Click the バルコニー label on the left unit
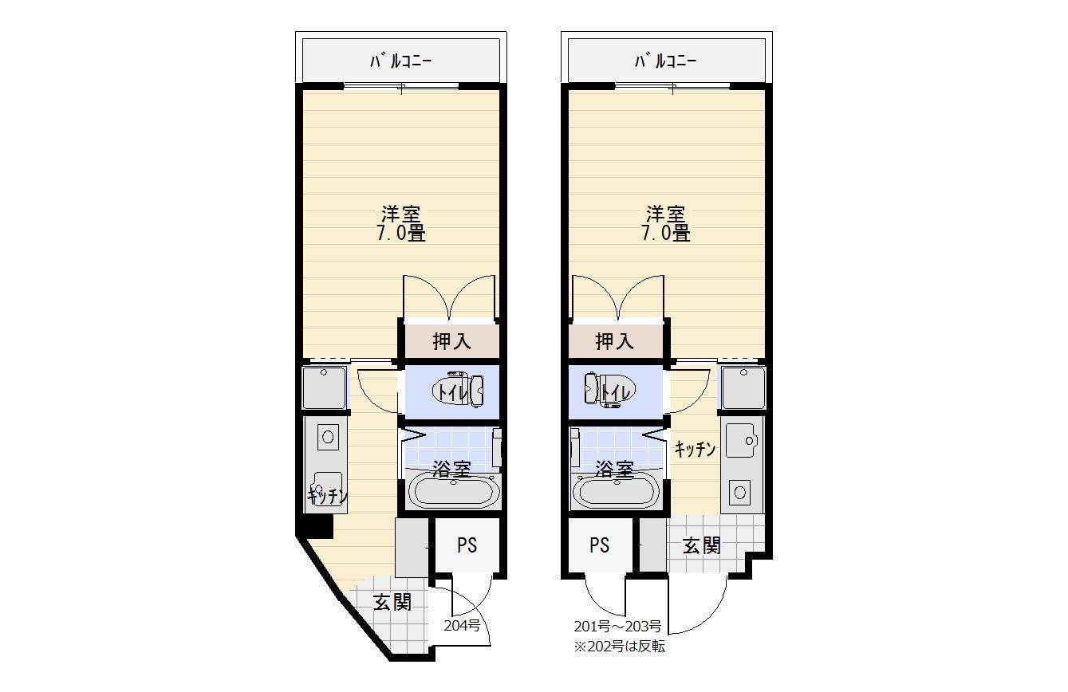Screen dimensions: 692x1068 [x=401, y=61]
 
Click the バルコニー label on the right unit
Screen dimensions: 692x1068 [x=666, y=61]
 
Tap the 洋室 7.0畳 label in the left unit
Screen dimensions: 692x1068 [x=401, y=224]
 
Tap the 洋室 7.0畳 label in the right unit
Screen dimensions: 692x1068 [x=666, y=224]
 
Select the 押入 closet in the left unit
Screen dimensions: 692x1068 [x=451, y=341]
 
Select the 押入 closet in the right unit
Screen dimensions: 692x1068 [x=615, y=341]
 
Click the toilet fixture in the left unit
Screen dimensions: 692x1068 [x=459, y=391]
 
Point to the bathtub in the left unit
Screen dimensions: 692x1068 [x=453, y=490]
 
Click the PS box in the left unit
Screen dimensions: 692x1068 [x=467, y=545]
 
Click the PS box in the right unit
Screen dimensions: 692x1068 [x=600, y=545]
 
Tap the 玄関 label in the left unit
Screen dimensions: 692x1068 [x=392, y=603]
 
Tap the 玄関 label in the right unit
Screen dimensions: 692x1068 [x=702, y=546]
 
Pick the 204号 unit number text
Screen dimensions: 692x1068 [x=462, y=626]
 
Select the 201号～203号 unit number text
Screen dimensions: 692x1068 [x=617, y=626]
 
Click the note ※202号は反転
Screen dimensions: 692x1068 [x=619, y=647]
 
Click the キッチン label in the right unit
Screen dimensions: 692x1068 [x=695, y=450]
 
